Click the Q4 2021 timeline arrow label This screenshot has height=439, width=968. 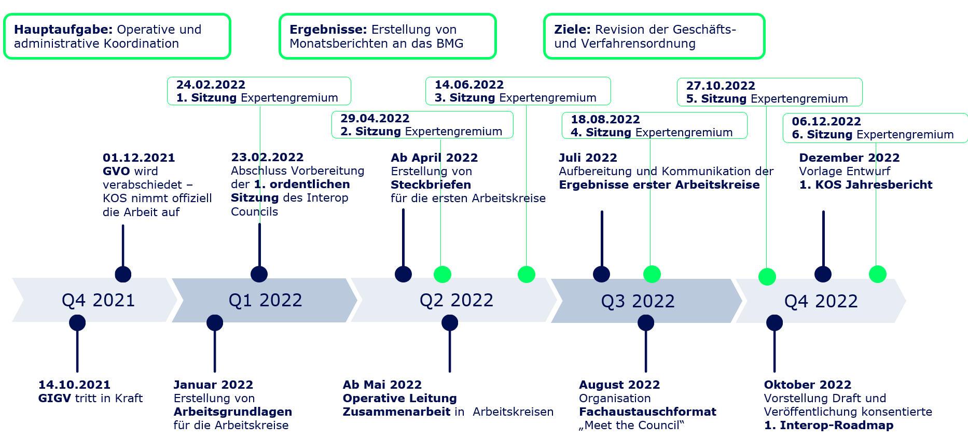pyautogui.click(x=98, y=300)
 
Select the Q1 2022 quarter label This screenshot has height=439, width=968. pyautogui.click(x=265, y=300)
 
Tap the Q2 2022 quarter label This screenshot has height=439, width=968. pyautogui.click(x=456, y=300)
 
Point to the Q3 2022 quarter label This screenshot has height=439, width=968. pyautogui.click(x=638, y=301)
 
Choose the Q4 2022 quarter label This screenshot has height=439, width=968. pyautogui.click(x=821, y=301)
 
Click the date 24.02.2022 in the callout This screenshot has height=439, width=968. pyautogui.click(x=211, y=84)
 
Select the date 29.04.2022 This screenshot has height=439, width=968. pyautogui.click(x=375, y=118)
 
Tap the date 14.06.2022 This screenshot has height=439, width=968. pyautogui.click(x=469, y=84)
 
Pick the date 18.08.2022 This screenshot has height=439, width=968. pyautogui.click(x=605, y=119)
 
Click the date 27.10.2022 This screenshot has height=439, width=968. pyautogui.click(x=721, y=86)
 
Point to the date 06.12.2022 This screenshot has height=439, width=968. pyautogui.click(x=826, y=121)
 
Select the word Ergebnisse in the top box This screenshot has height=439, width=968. pyautogui.click(x=328, y=30)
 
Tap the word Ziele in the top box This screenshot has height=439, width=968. pyautogui.click(x=572, y=30)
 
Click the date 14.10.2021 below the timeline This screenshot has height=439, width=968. pyautogui.click(x=74, y=385)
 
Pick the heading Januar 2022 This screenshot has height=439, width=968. pyautogui.click(x=213, y=385)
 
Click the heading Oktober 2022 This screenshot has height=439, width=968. pyautogui.click(x=807, y=385)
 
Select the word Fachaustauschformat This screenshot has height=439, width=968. pyautogui.click(x=647, y=412)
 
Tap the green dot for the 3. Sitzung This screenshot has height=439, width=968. pyautogui.click(x=526, y=274)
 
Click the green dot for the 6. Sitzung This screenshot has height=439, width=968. pyautogui.click(x=877, y=274)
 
